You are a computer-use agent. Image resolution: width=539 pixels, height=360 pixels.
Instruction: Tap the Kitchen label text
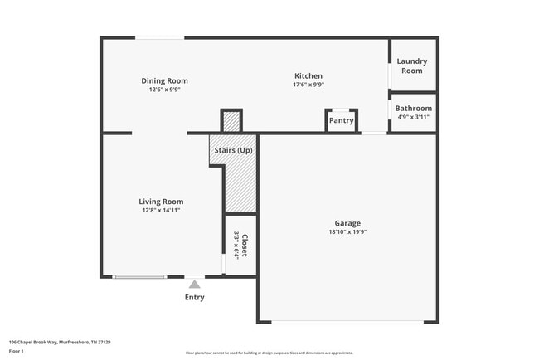coord(307,76)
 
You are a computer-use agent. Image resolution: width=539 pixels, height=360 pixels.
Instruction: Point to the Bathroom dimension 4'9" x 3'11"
coord(413,117)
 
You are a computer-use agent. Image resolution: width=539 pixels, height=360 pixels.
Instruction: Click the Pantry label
coord(341,120)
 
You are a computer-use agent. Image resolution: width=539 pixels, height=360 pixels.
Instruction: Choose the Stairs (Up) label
coord(233,150)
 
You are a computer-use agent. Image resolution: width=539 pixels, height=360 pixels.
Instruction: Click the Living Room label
coord(161,202)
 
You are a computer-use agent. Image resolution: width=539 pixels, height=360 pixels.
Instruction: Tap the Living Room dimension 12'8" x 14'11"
coord(161,211)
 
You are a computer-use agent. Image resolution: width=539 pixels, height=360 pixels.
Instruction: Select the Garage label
coord(347,223)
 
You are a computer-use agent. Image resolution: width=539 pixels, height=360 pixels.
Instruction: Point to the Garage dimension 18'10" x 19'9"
coord(347,232)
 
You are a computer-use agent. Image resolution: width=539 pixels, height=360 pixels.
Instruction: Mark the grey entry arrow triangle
coord(194,285)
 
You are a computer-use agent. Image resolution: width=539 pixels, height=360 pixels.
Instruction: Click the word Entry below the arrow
coord(194,297)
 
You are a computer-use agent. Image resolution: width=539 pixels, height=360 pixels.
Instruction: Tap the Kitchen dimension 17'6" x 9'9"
coord(307,85)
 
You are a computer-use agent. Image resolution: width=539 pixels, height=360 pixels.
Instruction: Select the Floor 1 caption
coord(17,352)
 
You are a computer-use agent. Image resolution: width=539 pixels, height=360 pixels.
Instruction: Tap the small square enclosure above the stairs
coord(231,121)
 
